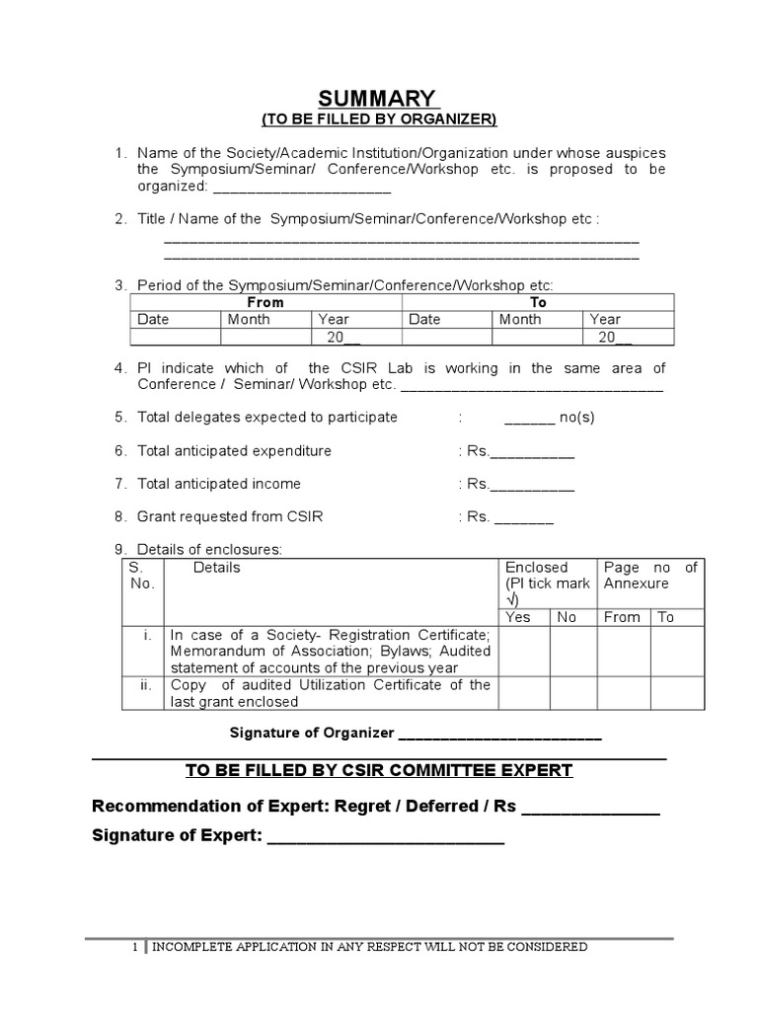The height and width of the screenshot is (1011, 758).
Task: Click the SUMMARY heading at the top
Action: click(376, 99)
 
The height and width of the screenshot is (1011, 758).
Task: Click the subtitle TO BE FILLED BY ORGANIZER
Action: click(379, 120)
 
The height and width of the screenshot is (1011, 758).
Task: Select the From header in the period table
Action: click(265, 302)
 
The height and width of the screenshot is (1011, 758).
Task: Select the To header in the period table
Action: click(538, 302)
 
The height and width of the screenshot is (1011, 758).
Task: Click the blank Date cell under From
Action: click(175, 337)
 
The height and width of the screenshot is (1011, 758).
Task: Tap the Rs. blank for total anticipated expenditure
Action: click(532, 454)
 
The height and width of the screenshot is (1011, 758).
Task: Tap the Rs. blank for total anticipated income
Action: click(532, 487)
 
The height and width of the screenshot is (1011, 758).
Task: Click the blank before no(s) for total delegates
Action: click(530, 420)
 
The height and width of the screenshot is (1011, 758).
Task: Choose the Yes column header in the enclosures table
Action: click(518, 617)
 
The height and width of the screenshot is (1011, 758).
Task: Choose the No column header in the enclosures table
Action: click(567, 617)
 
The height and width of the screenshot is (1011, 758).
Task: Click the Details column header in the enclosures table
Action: click(217, 568)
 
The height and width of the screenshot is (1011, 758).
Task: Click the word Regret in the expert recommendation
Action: click(363, 807)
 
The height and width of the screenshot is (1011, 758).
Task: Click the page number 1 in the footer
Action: click(136, 948)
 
